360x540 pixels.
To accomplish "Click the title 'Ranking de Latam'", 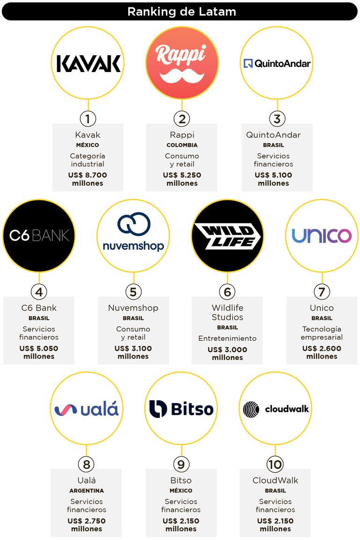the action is click(x=181, y=12).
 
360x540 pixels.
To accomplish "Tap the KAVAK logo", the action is click(x=88, y=64).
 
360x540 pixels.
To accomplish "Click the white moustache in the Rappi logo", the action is click(x=182, y=76).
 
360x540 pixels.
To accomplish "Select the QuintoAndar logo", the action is click(x=277, y=64).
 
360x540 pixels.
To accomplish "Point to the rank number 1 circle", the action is click(x=88, y=119).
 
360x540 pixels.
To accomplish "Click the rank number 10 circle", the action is click(x=275, y=464).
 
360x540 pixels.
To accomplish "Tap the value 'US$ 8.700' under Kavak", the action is click(x=87, y=175).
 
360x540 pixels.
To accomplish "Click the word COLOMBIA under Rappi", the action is click(x=182, y=145).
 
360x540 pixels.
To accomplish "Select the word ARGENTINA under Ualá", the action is click(x=86, y=490).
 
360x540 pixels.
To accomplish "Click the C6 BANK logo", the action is click(x=39, y=236).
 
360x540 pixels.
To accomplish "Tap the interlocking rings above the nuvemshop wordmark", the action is click(x=134, y=223).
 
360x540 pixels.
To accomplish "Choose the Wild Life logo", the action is click(x=227, y=236).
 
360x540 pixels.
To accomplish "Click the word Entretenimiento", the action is click(x=227, y=338).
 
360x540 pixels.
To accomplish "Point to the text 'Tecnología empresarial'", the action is click(x=322, y=333).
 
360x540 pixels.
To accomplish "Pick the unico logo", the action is click(x=322, y=236).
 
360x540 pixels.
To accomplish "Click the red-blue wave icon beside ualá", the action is click(x=66, y=410).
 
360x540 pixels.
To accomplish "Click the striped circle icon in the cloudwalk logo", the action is click(x=251, y=410).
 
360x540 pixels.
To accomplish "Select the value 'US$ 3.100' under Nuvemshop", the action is click(x=133, y=348).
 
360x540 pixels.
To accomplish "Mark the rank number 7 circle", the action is click(x=322, y=292).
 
